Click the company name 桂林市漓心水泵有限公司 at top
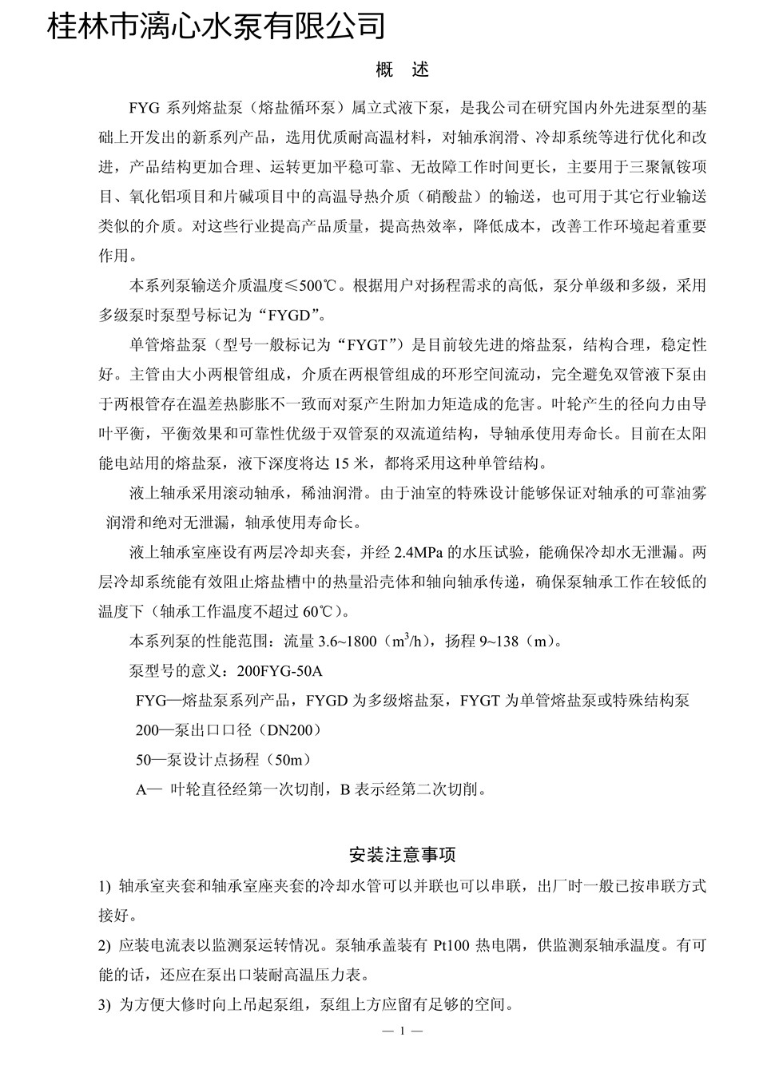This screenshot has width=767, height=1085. tap(217, 26)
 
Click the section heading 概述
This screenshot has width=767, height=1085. tap(403, 70)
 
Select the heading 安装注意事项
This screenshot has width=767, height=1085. tap(403, 855)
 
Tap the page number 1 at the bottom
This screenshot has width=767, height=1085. tap(403, 1031)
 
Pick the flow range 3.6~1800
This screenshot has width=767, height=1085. tap(348, 642)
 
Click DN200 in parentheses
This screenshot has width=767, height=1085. tap(292, 730)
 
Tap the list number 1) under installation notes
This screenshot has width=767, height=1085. tap(105, 886)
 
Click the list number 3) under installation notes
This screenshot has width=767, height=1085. tap(105, 1005)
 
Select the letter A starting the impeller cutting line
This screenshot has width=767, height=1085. tap(142, 789)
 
